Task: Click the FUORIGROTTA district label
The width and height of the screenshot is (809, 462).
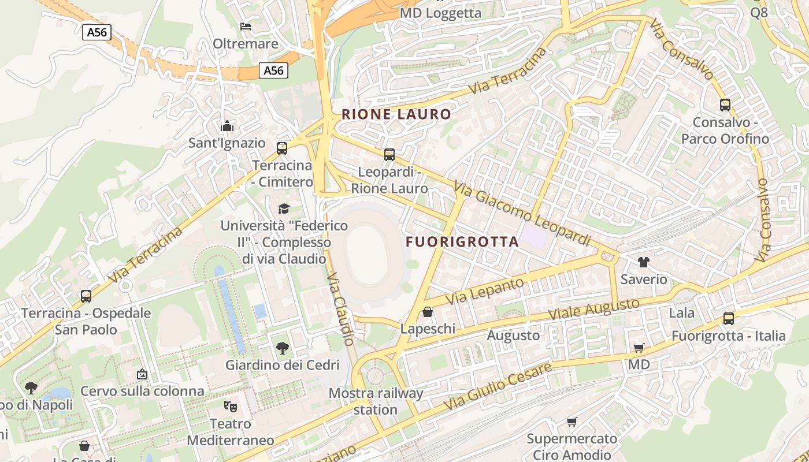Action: (x=462, y=242)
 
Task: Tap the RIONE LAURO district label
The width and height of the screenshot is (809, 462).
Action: (x=396, y=114)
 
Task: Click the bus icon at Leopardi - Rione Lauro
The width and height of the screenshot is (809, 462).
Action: (x=389, y=155)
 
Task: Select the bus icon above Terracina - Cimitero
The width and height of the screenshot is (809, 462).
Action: (x=282, y=148)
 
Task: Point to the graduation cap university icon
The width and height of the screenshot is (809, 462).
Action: (x=283, y=208)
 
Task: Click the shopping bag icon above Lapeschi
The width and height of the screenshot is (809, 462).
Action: (x=428, y=312)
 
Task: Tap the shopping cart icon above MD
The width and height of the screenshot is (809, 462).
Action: (x=639, y=348)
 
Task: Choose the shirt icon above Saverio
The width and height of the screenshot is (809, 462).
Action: (x=644, y=262)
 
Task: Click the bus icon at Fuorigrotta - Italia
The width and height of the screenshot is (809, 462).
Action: (x=729, y=319)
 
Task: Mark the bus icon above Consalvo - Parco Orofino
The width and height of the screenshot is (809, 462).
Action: (x=725, y=105)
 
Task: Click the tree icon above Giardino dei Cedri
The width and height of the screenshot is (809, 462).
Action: (x=282, y=348)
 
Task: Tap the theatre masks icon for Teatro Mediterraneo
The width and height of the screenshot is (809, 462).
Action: (x=231, y=407)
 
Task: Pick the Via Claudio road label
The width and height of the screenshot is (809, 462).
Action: (x=340, y=309)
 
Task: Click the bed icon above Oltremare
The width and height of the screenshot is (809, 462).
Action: (x=245, y=27)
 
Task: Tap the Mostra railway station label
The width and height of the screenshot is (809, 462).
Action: (x=376, y=401)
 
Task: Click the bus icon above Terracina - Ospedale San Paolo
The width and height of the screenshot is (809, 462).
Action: (x=86, y=296)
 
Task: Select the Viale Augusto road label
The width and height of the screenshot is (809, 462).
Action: (x=593, y=310)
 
